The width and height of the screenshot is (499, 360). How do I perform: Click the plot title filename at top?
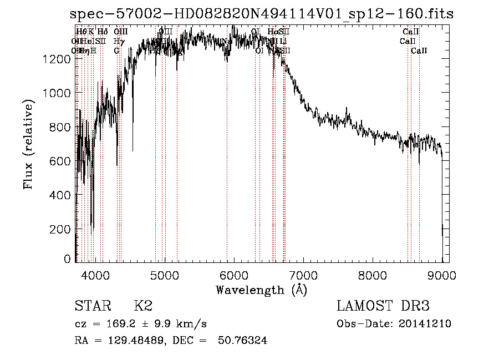coord(262,14)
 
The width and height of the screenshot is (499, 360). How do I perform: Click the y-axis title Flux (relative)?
coord(28,145)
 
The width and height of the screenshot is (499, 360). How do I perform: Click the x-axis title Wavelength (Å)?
coord(261,290)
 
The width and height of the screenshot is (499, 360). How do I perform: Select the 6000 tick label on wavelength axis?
coord(233,275)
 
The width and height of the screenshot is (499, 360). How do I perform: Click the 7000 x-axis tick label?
coord(303,275)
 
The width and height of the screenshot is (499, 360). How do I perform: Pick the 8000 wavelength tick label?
coord(373,275)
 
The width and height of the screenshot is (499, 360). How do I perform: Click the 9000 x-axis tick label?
coord(442,275)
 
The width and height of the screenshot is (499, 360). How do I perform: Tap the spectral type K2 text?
coord(142,306)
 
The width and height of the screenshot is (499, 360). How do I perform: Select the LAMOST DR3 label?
coord(383,306)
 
